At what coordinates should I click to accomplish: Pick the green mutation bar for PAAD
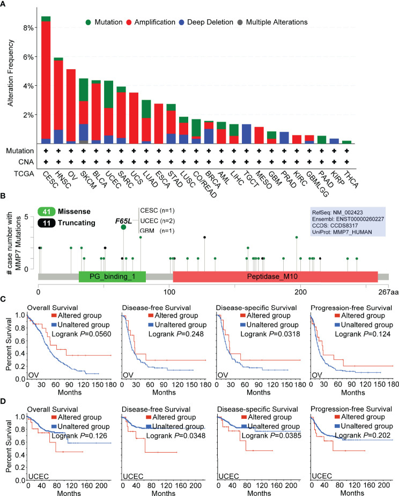(321, 140)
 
